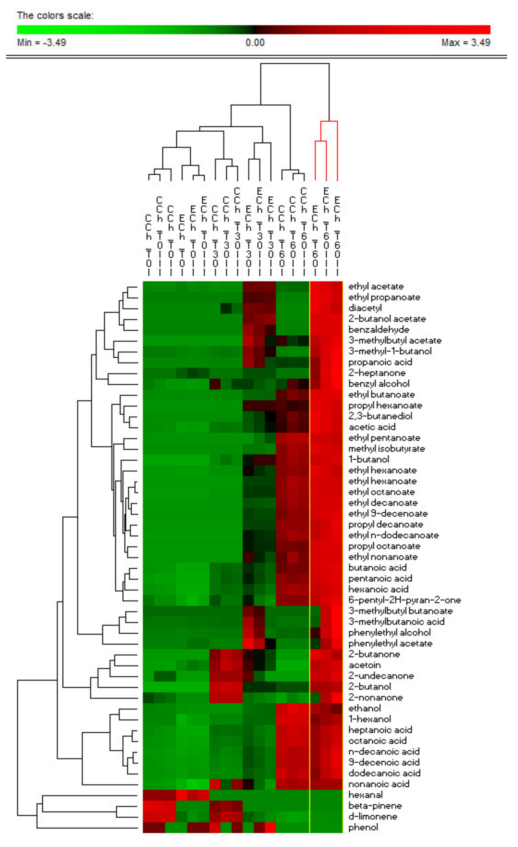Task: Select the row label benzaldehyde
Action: tap(378, 330)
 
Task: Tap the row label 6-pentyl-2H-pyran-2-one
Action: tap(404, 600)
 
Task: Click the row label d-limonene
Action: tap(372, 816)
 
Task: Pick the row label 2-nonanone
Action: tap(375, 697)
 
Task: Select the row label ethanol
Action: tap(364, 708)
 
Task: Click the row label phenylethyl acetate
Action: tap(390, 643)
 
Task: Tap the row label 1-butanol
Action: tap(368, 460)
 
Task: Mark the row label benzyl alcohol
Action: tap(378, 384)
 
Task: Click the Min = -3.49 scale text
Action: tap(42, 43)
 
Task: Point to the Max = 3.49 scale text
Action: tap(466, 43)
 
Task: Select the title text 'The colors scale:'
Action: tap(55, 16)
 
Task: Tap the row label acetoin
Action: tap(364, 665)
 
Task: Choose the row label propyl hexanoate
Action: tap(385, 405)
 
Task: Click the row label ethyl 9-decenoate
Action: tap(388, 514)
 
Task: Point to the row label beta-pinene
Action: tap(375, 806)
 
